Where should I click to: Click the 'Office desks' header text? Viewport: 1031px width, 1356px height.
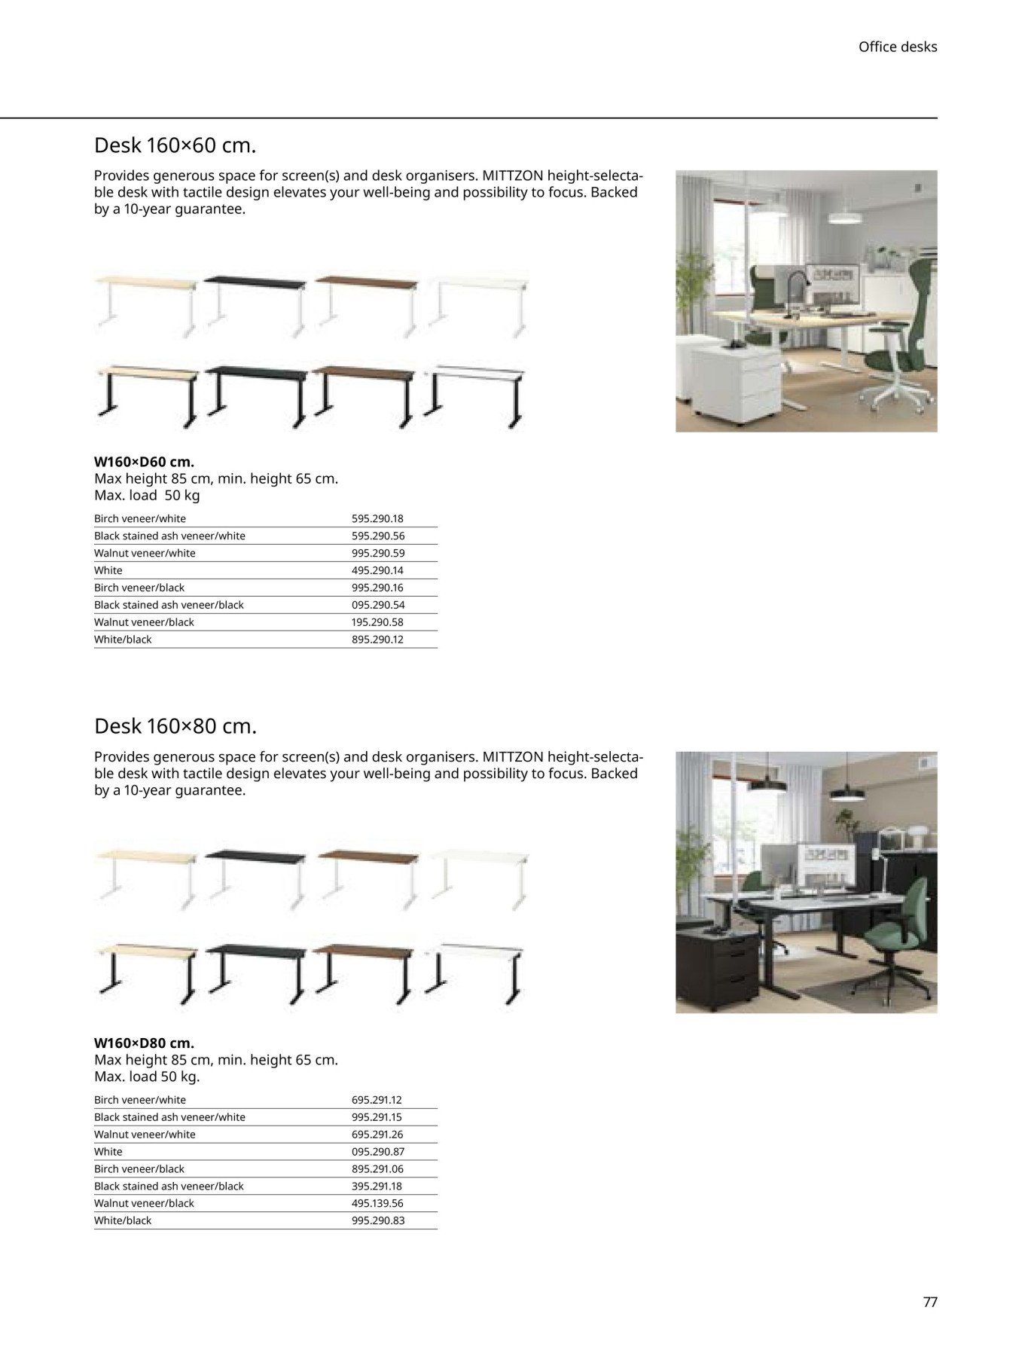point(897,47)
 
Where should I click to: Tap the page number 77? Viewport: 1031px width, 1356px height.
point(930,1302)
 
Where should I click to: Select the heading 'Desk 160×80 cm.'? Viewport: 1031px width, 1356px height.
point(175,726)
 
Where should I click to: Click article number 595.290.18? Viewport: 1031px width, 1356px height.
point(377,518)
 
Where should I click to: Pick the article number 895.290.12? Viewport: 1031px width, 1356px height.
point(377,639)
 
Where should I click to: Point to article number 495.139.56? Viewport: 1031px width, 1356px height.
point(377,1203)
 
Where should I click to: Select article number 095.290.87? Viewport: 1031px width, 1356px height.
point(377,1151)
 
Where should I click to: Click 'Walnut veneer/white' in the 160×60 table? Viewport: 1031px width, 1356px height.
point(145,553)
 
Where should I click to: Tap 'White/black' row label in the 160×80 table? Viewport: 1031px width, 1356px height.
point(123,1220)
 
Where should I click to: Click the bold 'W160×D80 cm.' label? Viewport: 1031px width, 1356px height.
point(144,1043)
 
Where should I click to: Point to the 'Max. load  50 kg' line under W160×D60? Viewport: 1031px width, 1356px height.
point(147,496)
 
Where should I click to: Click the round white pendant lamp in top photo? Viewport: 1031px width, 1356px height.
point(849,217)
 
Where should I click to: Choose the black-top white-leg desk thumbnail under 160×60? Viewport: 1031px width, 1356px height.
point(255,305)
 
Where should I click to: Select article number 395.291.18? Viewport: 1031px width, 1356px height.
point(377,1186)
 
